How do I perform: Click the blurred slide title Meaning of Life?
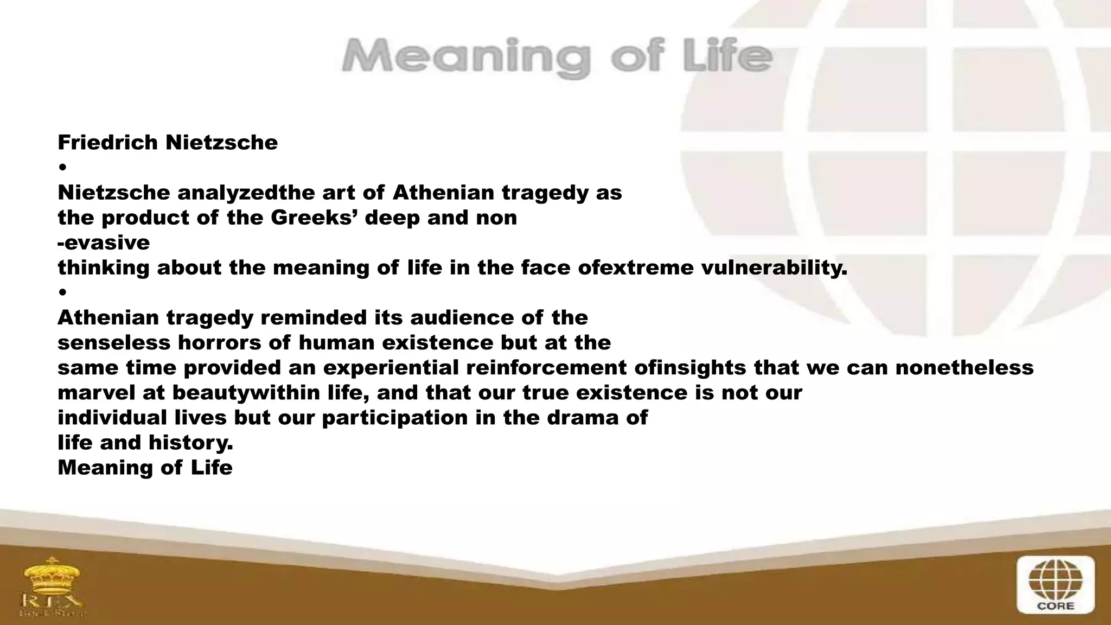pyautogui.click(x=557, y=57)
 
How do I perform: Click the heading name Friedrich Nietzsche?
pyautogui.click(x=168, y=143)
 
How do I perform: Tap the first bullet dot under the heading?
pyautogui.click(x=63, y=167)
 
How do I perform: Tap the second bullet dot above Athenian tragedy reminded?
pyautogui.click(x=63, y=292)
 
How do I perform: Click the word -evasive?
pyautogui.click(x=104, y=243)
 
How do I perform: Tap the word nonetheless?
pyautogui.click(x=964, y=368)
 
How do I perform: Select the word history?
pyautogui.click(x=190, y=443)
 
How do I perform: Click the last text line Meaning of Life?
pyautogui.click(x=145, y=468)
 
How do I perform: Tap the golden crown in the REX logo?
pyautogui.click(x=52, y=575)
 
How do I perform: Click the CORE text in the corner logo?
pyautogui.click(x=1055, y=606)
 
